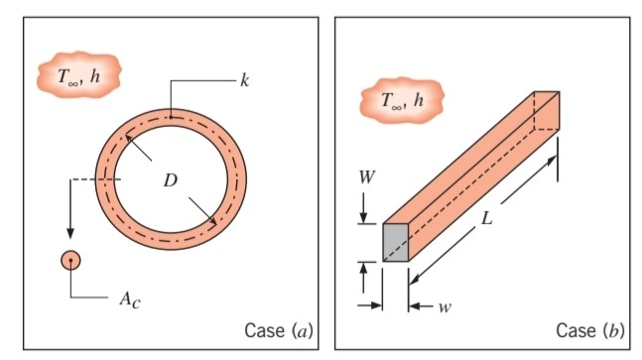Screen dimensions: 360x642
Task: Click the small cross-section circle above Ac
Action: click(70, 260)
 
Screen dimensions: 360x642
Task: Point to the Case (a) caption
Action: click(278, 330)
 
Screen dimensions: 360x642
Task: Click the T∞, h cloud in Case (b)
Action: click(401, 99)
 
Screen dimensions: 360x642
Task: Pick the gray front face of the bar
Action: click(396, 242)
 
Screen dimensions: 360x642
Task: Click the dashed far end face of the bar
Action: click(547, 110)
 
